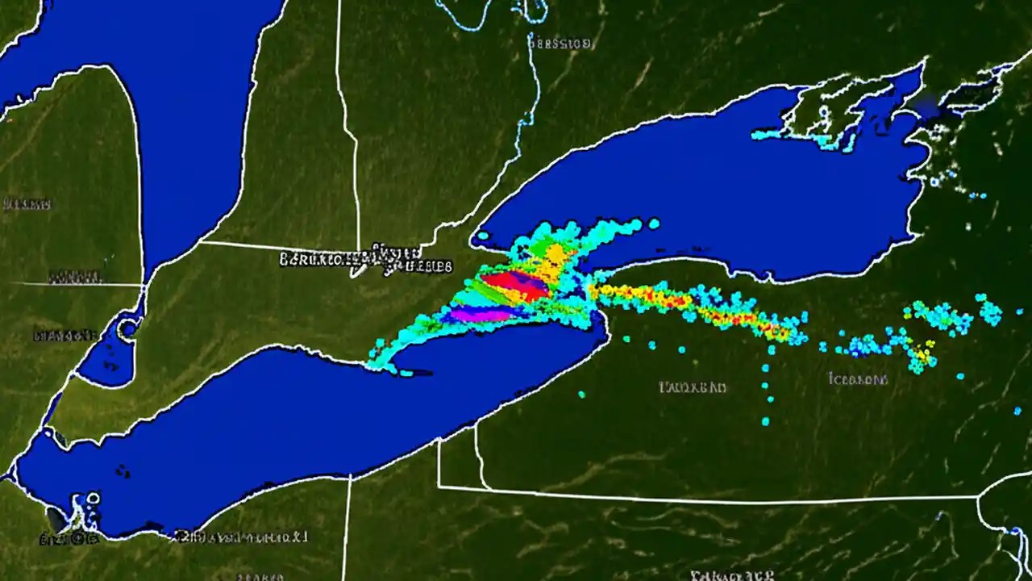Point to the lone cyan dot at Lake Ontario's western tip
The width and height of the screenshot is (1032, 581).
tap(482, 236)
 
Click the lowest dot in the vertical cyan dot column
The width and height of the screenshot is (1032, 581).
tap(765, 421)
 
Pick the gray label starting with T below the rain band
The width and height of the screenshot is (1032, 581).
tap(693, 387)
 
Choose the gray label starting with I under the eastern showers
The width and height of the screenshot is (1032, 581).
tap(858, 378)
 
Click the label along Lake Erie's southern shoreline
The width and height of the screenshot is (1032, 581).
tap(242, 535)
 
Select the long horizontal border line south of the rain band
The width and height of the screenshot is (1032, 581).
tap(709, 496)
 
